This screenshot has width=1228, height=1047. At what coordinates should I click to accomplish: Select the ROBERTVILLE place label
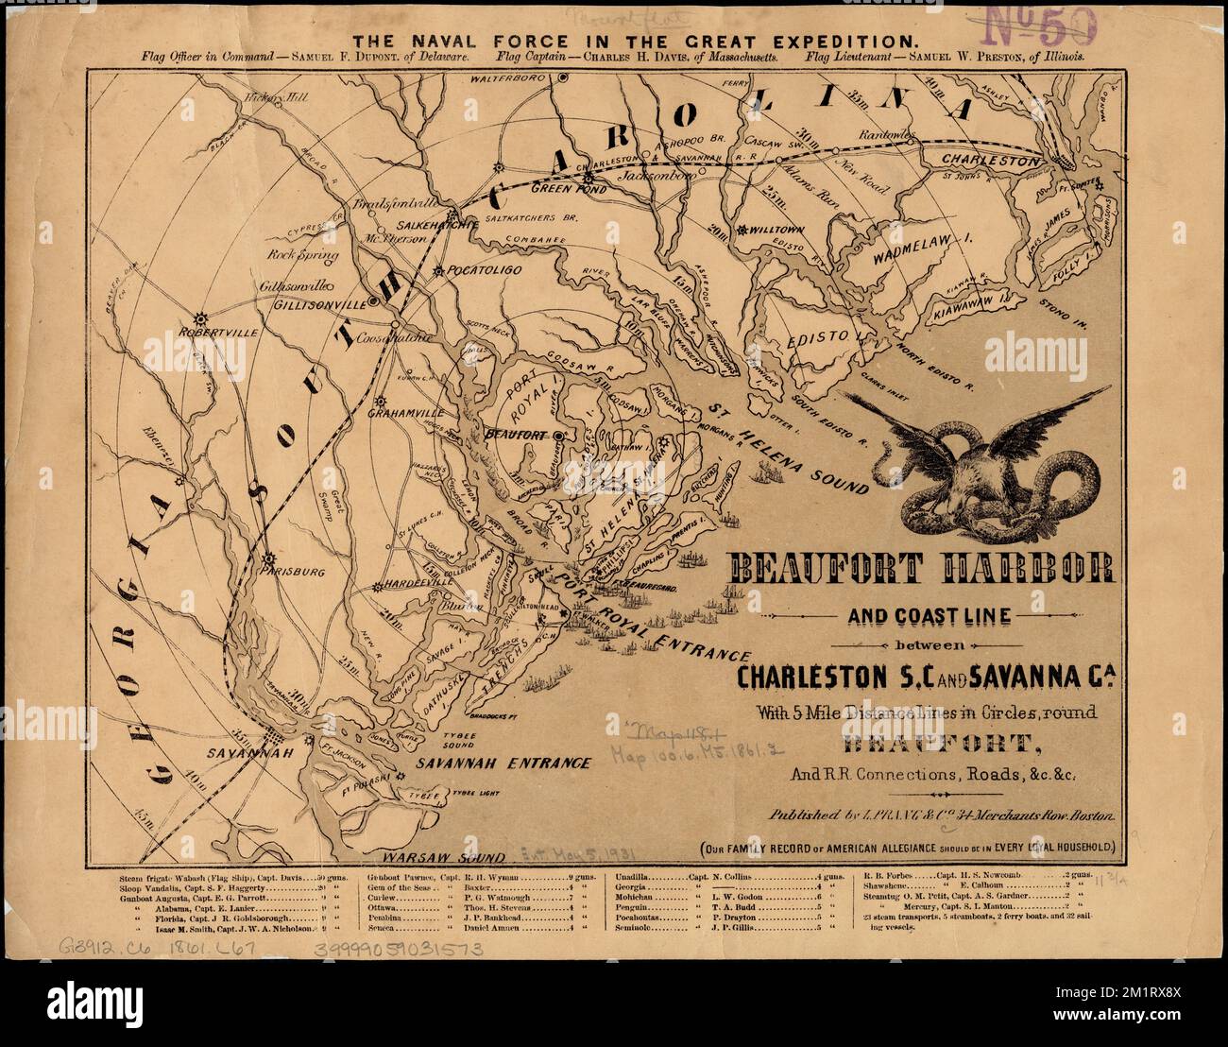[214, 334]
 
